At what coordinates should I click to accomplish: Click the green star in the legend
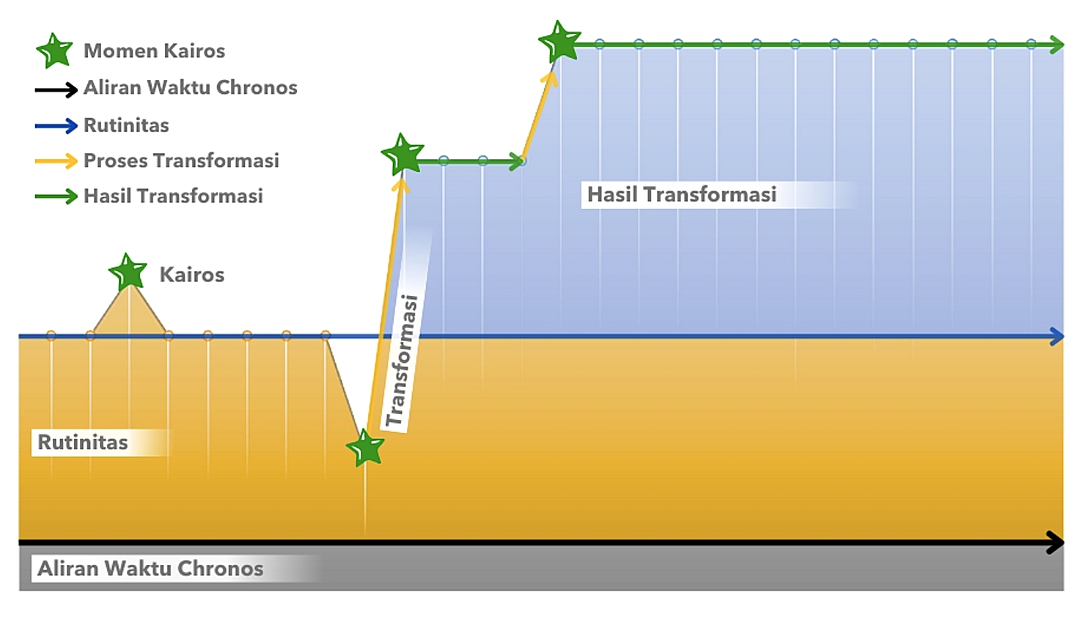tap(54, 51)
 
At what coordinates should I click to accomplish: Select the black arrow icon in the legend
tap(56, 89)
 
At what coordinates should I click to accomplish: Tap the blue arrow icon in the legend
tap(56, 126)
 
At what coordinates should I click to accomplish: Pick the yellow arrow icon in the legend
tap(56, 161)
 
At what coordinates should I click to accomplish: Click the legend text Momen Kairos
tap(154, 51)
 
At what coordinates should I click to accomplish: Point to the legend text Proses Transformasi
tap(181, 160)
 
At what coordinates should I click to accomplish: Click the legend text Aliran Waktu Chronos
tap(190, 88)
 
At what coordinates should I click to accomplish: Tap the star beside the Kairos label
tap(128, 272)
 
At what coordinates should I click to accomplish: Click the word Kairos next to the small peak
tap(191, 275)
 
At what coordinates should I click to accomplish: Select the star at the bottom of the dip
tap(365, 448)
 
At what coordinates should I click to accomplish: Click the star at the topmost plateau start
tap(559, 41)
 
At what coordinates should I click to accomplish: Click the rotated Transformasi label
tap(402, 361)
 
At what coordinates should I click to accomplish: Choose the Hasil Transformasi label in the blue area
tap(681, 194)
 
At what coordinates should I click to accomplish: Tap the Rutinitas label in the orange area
tap(83, 443)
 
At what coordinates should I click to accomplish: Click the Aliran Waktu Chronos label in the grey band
tap(150, 569)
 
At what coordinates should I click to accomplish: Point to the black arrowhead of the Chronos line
tap(1056, 543)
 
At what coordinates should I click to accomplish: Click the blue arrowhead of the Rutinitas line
tap(1057, 336)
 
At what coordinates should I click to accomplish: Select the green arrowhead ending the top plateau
tap(1057, 45)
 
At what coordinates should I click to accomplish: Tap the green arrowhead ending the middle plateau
tap(516, 161)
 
